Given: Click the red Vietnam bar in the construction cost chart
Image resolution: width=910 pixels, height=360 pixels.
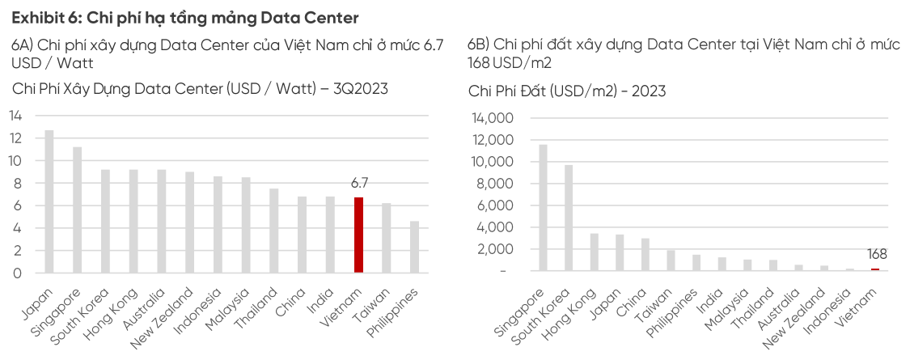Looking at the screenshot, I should pyautogui.click(x=358, y=235).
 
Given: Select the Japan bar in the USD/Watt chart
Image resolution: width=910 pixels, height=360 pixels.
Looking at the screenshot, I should pyautogui.click(x=49, y=201).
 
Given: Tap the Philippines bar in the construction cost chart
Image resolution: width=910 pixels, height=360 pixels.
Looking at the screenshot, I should pyautogui.click(x=415, y=247).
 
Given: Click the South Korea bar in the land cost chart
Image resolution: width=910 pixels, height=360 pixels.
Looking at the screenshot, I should pyautogui.click(x=569, y=218).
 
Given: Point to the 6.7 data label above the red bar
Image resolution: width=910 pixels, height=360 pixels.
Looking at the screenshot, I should pyautogui.click(x=359, y=184).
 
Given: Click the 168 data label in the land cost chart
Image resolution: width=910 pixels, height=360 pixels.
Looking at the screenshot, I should pyautogui.click(x=877, y=254).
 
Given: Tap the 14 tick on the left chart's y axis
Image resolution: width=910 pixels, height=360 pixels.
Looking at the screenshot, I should pyautogui.click(x=16, y=115).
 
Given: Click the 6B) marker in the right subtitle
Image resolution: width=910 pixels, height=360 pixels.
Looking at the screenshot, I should pyautogui.click(x=478, y=44).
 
